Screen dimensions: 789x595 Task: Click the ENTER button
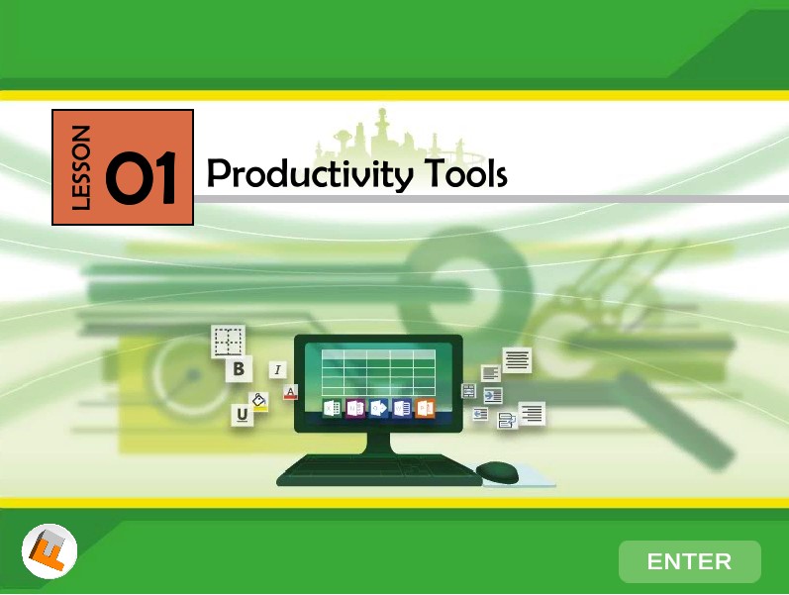(x=689, y=561)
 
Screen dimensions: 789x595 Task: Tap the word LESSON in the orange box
(x=81, y=167)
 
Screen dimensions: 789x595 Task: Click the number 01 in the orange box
(x=141, y=177)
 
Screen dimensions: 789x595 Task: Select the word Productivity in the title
(x=310, y=174)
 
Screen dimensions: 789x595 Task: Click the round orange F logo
(x=49, y=551)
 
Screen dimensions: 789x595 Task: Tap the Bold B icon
(x=239, y=369)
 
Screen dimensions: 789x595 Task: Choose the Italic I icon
(x=277, y=370)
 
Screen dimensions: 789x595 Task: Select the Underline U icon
(x=242, y=415)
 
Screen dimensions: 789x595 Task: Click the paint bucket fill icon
(x=259, y=402)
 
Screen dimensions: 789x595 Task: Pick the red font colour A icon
(x=290, y=392)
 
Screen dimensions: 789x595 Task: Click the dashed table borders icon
(x=228, y=342)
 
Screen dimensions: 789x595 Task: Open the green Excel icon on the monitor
(x=332, y=408)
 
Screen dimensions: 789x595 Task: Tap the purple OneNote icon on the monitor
(x=355, y=408)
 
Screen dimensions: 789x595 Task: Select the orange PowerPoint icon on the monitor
(x=425, y=408)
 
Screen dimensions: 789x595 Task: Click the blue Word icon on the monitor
(x=402, y=408)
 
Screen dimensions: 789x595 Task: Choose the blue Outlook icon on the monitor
(x=378, y=408)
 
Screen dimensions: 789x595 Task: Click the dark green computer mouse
(x=497, y=472)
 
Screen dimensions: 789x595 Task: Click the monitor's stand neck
(x=378, y=443)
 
